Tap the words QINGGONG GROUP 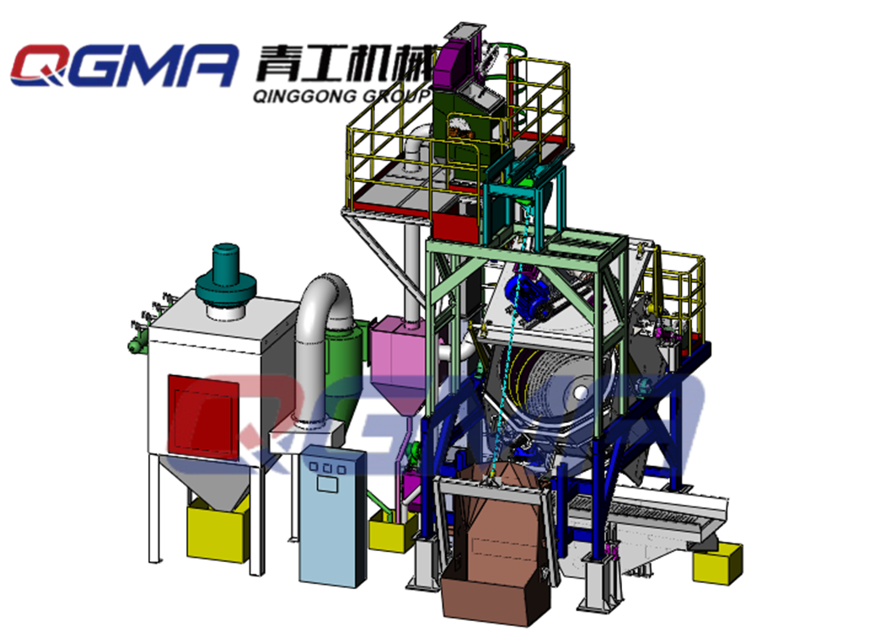(x=342, y=95)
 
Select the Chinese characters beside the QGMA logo (x=346, y=62)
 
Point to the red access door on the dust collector (x=203, y=415)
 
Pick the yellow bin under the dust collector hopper (x=217, y=530)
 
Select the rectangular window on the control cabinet (x=326, y=485)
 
